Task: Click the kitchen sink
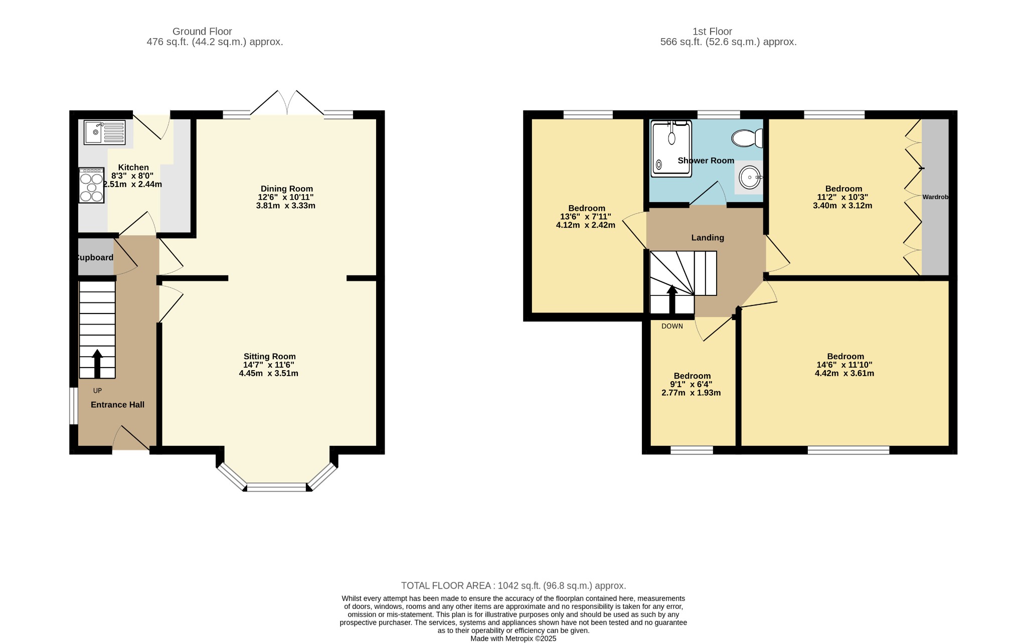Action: [x=105, y=132]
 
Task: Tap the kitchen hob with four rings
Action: [x=91, y=185]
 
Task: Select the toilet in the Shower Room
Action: [x=747, y=138]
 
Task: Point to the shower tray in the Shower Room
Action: [x=671, y=148]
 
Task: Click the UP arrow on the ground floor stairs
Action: [x=97, y=364]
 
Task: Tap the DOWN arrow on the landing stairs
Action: [x=672, y=299]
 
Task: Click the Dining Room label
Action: [x=287, y=189]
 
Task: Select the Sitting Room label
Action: [x=270, y=357]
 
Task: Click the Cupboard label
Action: [x=94, y=257]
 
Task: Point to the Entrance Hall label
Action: [x=117, y=405]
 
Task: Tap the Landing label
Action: [x=708, y=238]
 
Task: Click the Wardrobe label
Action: [x=935, y=197]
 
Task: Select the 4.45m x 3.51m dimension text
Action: [x=269, y=373]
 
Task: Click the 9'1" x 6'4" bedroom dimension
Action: [x=692, y=384]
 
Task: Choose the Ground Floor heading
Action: [x=202, y=31]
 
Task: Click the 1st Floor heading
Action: [x=712, y=31]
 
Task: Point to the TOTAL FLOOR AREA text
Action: [x=513, y=586]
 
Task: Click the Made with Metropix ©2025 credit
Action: [x=513, y=638]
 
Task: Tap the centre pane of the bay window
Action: [x=276, y=487]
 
